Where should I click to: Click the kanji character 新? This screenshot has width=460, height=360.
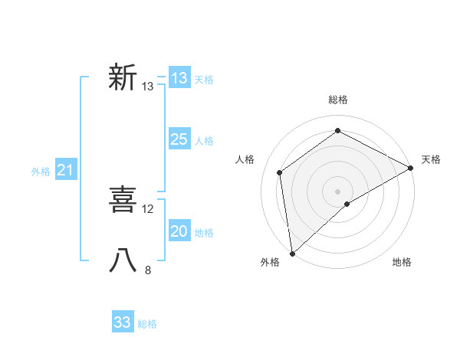click(x=123, y=78)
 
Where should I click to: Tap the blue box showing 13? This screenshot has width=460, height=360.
click(x=179, y=78)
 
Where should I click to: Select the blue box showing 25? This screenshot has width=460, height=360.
click(x=179, y=139)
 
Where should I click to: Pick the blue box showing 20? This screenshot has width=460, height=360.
click(x=179, y=231)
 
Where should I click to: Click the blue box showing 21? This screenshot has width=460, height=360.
click(x=65, y=171)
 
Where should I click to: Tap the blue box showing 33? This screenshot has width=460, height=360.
click(x=123, y=322)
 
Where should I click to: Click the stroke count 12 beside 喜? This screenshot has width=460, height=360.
click(x=148, y=208)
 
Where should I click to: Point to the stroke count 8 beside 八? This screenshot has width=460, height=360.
click(x=148, y=270)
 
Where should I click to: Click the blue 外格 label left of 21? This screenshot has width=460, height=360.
click(x=41, y=172)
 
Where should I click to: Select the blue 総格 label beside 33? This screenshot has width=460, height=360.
click(x=147, y=324)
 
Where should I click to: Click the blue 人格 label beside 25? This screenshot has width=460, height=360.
click(x=204, y=141)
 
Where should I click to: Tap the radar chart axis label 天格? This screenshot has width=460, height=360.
click(x=431, y=159)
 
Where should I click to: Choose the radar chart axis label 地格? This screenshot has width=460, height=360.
click(x=402, y=263)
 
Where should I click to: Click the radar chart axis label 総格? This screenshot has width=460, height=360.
click(x=337, y=100)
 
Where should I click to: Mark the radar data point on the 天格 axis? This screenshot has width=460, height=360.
click(x=411, y=167)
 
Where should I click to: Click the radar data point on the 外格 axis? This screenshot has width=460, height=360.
click(x=292, y=253)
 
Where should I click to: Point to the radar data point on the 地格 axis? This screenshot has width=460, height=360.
click(x=347, y=204)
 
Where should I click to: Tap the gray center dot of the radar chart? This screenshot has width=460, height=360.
click(x=337, y=191)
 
